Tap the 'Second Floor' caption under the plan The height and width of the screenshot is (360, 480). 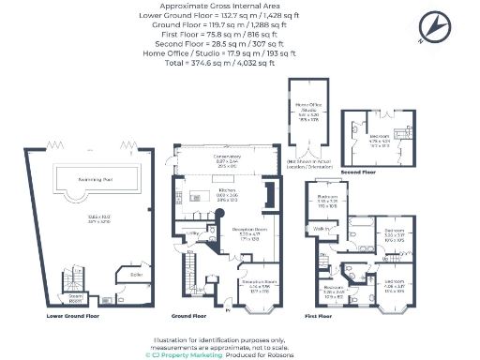[x=359, y=172]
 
